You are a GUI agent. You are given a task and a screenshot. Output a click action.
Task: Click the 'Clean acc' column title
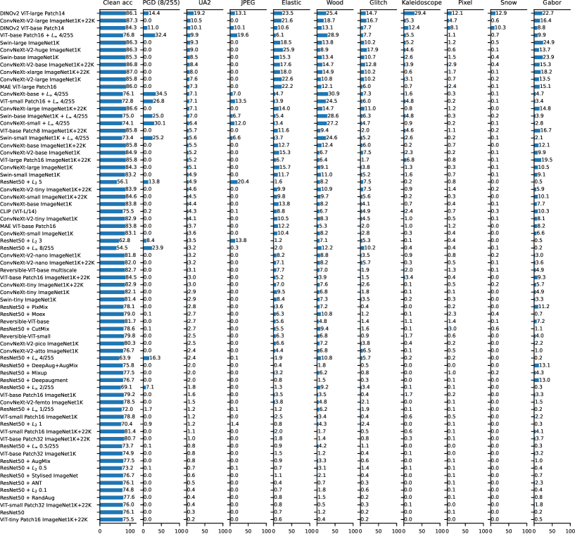119,4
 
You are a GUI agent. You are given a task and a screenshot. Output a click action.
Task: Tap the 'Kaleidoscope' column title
422,4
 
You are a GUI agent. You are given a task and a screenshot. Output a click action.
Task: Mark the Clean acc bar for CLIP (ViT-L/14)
115,210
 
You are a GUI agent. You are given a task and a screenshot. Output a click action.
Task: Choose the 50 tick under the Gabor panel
553,528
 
